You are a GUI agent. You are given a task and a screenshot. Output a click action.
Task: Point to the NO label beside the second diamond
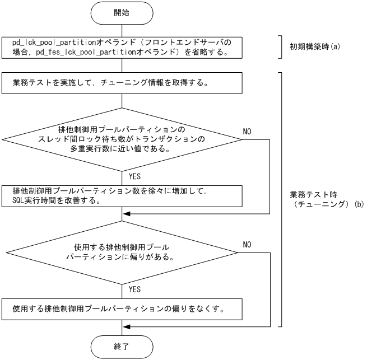249,245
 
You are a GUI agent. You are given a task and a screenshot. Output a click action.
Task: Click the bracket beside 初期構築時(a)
281,48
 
